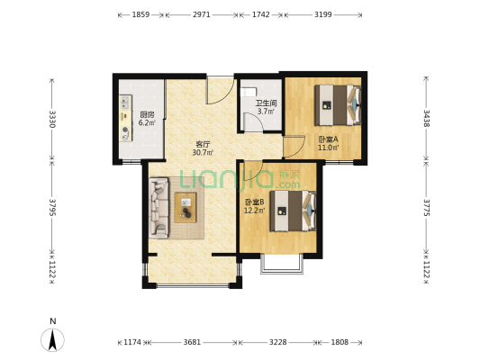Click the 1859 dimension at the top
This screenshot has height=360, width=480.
tap(140, 14)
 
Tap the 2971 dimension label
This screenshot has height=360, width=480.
tap(202, 14)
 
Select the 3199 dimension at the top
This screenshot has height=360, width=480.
tap(323, 14)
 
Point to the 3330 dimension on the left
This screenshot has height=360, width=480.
tap(52, 119)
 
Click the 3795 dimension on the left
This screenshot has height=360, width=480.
tap(52, 207)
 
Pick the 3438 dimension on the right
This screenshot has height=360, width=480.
tap(427, 118)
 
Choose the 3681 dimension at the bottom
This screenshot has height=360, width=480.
tap(192, 342)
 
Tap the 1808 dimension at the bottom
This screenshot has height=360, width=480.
tap(340, 342)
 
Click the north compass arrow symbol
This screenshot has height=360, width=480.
tap(52, 339)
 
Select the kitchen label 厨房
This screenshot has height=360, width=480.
tap(147, 115)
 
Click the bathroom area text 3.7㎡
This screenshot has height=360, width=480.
tap(266, 112)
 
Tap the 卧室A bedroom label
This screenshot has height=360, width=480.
tap(328, 139)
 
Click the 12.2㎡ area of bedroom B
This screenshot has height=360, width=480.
tap(254, 210)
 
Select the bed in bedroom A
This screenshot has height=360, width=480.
tap(338, 105)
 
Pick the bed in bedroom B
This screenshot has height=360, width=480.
tap(293, 211)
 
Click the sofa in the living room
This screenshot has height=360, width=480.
tap(158, 208)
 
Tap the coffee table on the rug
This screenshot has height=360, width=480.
tap(186, 207)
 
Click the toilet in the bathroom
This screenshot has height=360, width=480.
tap(249, 92)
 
